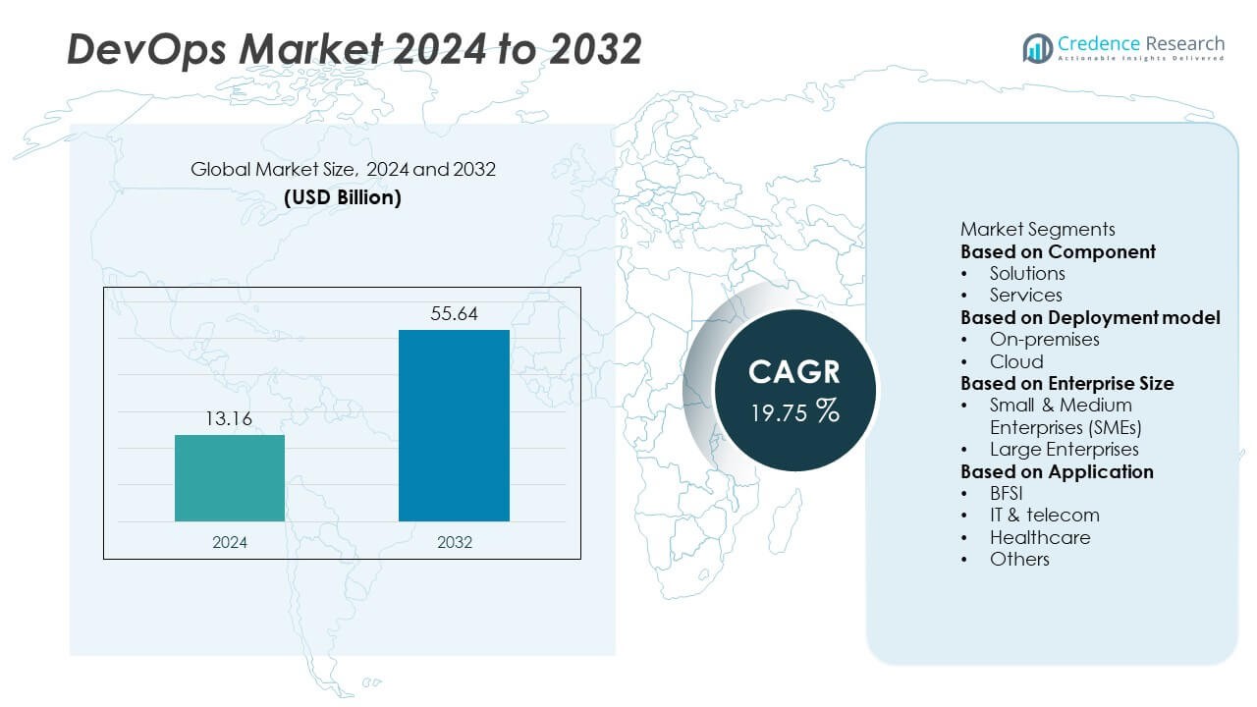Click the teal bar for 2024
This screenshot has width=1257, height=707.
pos(230,478)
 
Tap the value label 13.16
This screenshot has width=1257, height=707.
pos(230,419)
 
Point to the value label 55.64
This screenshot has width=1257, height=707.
pos(454,314)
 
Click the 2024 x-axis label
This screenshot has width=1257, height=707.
pos(230,542)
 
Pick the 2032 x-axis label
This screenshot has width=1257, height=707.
pos(454,542)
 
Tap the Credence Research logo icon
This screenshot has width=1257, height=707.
pos(1037,47)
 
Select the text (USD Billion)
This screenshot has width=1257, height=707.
pos(343,196)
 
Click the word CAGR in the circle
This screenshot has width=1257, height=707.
pos(794,371)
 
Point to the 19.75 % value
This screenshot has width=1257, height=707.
pos(794,411)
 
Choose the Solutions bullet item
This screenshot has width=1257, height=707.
pos(1026,273)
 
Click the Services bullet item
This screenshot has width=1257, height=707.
pos(1025,295)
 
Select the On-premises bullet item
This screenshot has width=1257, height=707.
pos(1044,339)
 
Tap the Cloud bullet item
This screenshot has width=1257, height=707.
pos(1016,361)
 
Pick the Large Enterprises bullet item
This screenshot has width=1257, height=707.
pos(1064,449)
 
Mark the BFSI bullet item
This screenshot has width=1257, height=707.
pos(1006,493)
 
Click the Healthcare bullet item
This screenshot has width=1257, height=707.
pos(1039,537)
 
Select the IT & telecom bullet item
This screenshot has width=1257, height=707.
pos(1044,515)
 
